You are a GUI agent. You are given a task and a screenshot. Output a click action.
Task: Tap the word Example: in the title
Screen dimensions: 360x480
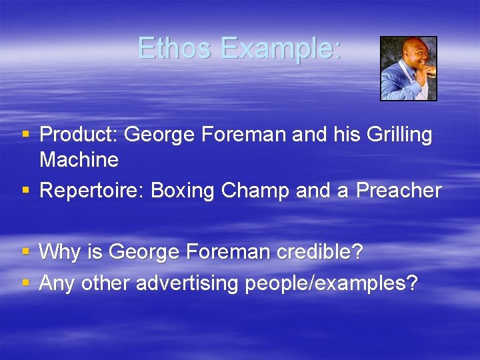pos(281,48)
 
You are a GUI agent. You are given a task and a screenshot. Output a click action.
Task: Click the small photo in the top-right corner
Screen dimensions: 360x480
pos(408,69)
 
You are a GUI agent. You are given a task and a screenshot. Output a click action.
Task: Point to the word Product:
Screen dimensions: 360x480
pos(79,135)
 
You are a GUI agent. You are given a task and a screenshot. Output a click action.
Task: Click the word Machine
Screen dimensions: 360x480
pos(79,160)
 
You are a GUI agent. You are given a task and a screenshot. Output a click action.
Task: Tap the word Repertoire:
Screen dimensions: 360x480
pos(93,191)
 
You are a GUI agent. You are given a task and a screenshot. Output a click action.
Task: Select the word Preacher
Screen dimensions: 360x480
pos(398,191)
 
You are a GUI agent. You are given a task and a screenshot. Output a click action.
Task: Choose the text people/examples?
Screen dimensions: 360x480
pos(331,283)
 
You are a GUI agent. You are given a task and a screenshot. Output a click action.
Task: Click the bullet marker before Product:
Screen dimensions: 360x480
pos(26,135)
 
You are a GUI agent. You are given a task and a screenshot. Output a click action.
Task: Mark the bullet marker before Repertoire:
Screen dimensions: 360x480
pos(26,191)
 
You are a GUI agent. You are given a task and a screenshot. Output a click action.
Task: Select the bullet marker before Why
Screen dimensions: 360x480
pos(26,253)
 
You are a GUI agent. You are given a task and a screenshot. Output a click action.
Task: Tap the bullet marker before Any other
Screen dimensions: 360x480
pos(26,284)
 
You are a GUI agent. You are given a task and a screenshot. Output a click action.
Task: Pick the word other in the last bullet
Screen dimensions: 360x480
pos(105,283)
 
